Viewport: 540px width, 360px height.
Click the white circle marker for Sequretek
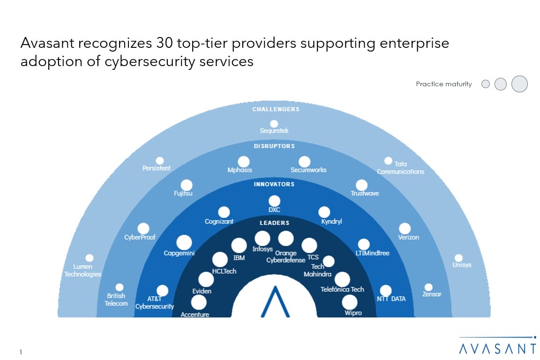coord(274,124)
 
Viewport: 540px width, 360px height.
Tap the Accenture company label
coord(195,315)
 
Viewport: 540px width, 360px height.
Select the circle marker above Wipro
coord(349,302)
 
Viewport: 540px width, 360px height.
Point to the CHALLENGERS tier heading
coord(276,109)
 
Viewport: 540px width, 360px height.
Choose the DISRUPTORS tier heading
coord(275,146)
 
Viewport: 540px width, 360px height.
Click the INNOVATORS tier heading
coord(274,184)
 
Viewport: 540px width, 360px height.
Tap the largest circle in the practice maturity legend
coord(519,84)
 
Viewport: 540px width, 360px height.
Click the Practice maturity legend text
coord(443,84)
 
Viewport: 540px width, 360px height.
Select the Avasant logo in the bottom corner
coord(498,345)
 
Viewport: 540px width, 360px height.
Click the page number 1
coord(22,352)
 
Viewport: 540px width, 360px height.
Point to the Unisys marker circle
coord(458,258)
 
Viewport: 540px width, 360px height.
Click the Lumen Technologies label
coord(83,270)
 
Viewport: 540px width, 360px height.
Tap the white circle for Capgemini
coord(184,242)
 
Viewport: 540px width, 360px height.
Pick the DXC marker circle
coord(274,201)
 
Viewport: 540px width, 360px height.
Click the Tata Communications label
coord(400,168)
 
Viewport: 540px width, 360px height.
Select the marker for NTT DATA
coord(385,291)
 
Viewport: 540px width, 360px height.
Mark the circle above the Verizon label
coord(405,228)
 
